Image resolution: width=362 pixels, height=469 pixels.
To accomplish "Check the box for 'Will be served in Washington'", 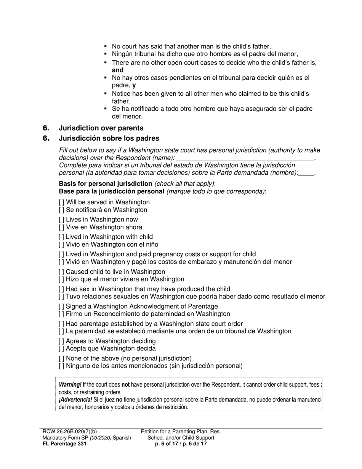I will point(61,202).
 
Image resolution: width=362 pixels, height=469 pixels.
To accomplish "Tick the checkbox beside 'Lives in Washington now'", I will point(61,220).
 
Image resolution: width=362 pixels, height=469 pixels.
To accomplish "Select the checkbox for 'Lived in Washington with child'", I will point(61,237).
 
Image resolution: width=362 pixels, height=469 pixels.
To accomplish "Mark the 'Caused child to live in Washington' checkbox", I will point(61,272).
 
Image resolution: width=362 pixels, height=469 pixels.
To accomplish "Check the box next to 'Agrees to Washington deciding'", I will point(61,341).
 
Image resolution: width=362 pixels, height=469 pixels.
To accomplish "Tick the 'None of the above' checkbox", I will point(61,358).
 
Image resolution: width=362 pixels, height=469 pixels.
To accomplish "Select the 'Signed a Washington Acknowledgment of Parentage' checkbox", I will point(61,307).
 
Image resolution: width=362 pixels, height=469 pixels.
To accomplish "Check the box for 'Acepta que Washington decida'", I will point(61,349).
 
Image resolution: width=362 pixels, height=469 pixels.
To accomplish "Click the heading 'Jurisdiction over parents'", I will point(101,128).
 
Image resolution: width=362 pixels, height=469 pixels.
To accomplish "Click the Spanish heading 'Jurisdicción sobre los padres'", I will point(109,138).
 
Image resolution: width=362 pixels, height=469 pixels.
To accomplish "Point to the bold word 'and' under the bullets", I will point(117,70).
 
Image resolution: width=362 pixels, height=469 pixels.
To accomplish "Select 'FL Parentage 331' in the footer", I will point(64,444).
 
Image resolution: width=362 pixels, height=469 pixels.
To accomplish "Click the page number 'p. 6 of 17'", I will point(167,444).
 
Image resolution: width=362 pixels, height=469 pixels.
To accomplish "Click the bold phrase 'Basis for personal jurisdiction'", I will point(106,183).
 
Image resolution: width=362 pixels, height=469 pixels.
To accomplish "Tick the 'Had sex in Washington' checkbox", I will point(61,289).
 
